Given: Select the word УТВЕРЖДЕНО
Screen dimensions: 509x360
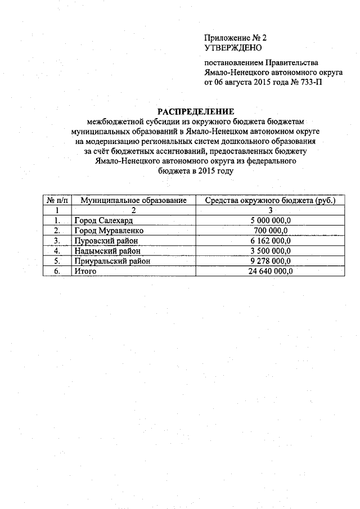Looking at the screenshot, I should click(x=229, y=48).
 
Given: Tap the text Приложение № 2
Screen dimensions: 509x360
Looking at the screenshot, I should click(x=235, y=38).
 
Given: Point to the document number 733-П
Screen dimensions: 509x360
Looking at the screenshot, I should click(x=312, y=82).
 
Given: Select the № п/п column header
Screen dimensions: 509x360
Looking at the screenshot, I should click(x=57, y=200).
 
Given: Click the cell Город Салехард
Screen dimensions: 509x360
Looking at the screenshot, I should click(x=103, y=220).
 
